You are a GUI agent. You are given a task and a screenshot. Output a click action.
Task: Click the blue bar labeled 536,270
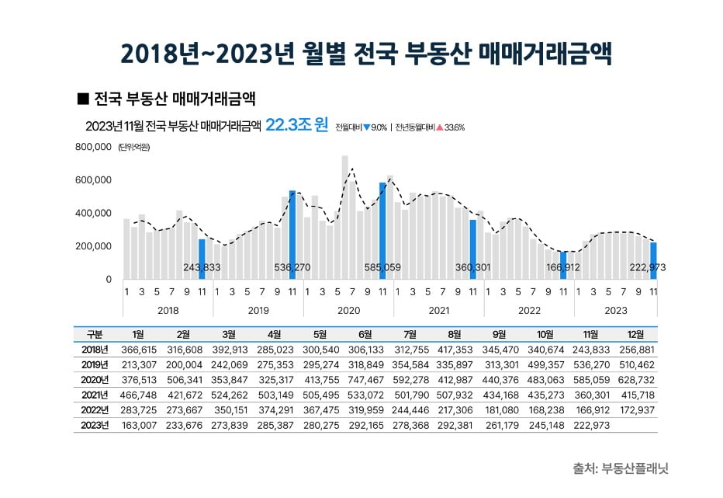coord(292,233)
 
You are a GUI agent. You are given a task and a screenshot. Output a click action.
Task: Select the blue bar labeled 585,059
coord(382,229)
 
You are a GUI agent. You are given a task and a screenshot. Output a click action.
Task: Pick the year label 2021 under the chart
coord(438,309)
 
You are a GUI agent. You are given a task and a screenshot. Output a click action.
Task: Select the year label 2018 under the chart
coord(168,309)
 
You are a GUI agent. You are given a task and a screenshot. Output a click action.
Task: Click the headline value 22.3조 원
coord(296,125)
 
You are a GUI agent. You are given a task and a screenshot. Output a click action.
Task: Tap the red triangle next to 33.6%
coord(439,127)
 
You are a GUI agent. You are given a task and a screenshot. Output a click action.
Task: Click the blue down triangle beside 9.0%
coord(366,127)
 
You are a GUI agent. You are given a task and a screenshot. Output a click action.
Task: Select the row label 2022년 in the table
coord(93,410)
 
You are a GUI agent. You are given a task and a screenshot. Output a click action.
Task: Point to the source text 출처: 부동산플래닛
coord(621,469)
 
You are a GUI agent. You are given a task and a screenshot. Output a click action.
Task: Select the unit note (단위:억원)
coord(134,148)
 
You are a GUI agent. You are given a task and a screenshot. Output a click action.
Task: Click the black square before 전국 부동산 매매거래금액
coord(84,99)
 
